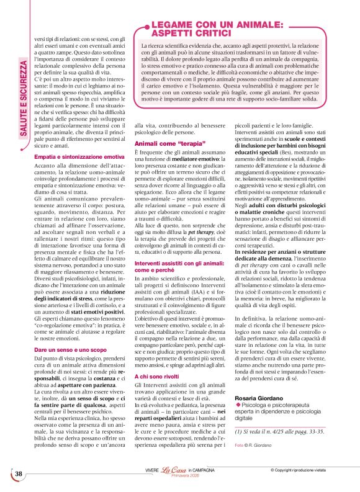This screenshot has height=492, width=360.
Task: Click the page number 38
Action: coord(18,473)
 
